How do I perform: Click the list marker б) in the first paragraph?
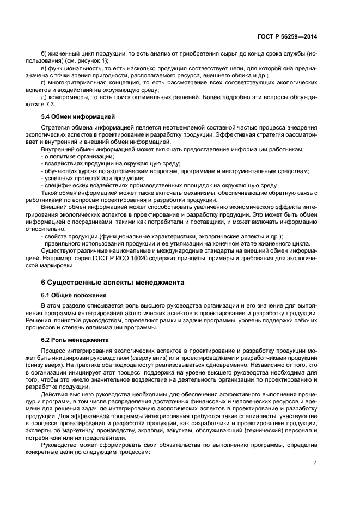pos(45,53)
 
